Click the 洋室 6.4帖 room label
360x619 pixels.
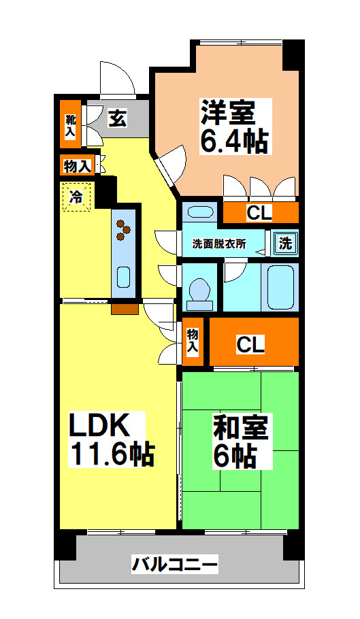tap(234, 127)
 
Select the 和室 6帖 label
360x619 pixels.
tap(242, 442)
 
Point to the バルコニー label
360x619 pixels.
tap(175, 565)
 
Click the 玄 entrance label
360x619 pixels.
tap(117, 119)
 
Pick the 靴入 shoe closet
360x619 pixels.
tap(70, 125)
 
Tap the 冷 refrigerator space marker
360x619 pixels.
tap(77, 197)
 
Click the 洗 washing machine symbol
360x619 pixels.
tap(286, 244)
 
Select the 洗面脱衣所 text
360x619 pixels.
tap(219, 243)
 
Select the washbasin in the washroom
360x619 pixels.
tap(199, 212)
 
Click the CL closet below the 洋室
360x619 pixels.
tap(259, 213)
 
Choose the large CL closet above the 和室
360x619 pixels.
tap(250, 344)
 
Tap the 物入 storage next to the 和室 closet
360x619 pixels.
tap(193, 340)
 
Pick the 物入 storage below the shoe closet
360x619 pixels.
tap(77, 165)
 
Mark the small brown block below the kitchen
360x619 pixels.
tap(125, 309)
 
